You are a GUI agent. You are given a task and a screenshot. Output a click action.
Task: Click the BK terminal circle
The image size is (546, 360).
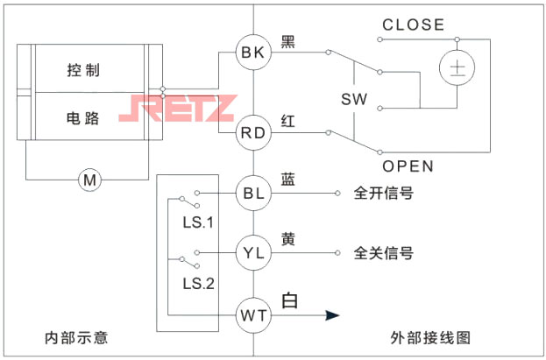[x=252, y=52]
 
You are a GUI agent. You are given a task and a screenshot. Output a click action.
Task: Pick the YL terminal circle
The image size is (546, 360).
[x=252, y=252]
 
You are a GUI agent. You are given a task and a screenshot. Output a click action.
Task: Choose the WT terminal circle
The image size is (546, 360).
[x=252, y=313]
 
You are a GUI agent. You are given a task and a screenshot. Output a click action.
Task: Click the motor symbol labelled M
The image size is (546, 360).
[x=89, y=180]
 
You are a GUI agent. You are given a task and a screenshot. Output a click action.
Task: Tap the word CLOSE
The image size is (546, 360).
[x=413, y=25]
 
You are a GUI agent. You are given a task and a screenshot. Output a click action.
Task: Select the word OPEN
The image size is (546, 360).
[x=408, y=166]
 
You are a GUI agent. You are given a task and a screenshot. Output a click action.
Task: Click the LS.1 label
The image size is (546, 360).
[x=198, y=222]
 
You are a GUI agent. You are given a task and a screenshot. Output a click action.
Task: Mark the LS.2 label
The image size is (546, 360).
[x=198, y=283]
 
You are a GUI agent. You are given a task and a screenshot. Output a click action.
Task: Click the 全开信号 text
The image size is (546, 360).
[x=383, y=192]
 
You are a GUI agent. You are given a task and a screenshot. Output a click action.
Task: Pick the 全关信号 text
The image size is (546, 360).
[x=383, y=253]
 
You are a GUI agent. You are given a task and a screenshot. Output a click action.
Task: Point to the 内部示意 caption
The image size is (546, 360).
[x=76, y=338]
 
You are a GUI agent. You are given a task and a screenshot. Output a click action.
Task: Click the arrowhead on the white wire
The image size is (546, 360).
[x=331, y=314]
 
